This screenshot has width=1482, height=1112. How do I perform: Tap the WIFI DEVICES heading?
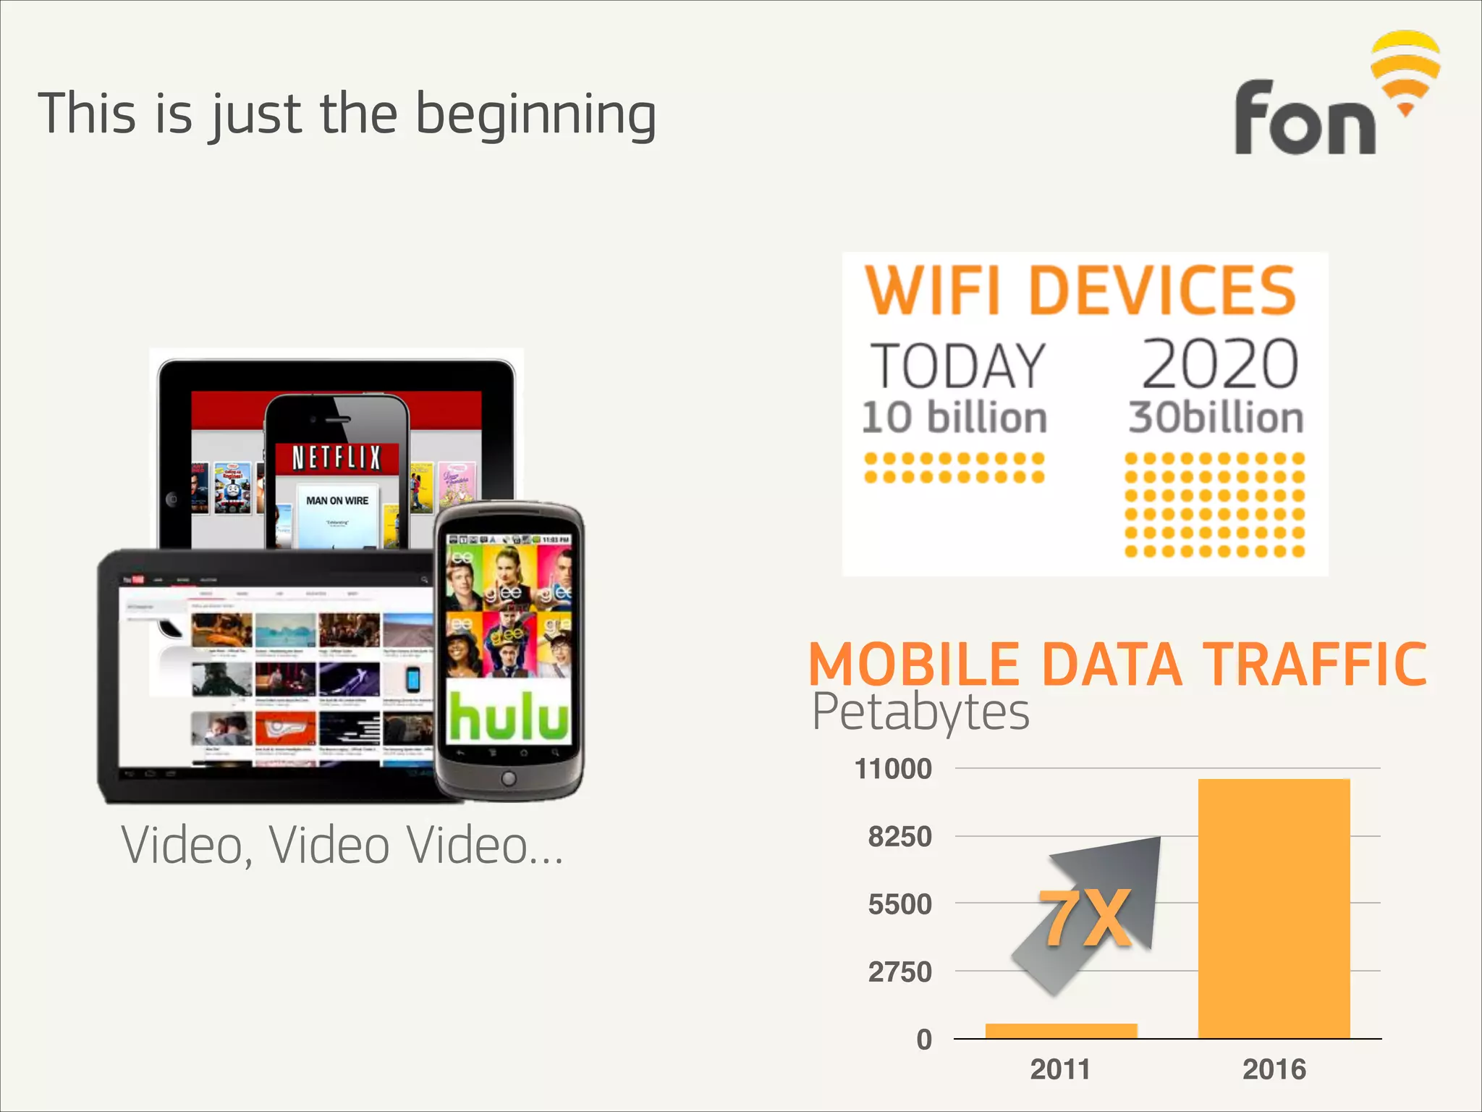pos(1080,290)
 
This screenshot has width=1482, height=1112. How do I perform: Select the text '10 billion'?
pos(954,418)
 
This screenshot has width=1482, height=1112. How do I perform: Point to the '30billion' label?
pos(1216,418)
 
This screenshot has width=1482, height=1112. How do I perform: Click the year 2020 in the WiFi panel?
pos(1219,364)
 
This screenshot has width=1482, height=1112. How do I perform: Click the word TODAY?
pos(957,366)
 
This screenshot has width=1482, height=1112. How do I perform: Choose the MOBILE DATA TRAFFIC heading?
pos(1117,664)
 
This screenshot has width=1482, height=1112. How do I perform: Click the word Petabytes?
pos(920,712)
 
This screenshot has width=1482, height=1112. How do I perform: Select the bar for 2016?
pos(1274,909)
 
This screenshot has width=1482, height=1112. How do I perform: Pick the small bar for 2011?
pos(1061,1031)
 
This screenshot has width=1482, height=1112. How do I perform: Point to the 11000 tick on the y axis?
pos(893,769)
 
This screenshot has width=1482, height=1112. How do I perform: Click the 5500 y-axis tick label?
pos(899,904)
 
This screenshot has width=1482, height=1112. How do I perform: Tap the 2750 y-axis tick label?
pos(899,972)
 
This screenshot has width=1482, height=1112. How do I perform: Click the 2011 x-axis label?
pos(1060,1069)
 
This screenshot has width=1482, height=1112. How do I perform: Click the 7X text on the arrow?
pos(1085,919)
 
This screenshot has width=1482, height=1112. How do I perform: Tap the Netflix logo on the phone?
pos(336,458)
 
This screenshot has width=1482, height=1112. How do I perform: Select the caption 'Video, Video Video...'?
pos(342,846)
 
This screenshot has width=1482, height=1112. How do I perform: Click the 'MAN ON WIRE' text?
pos(337,500)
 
